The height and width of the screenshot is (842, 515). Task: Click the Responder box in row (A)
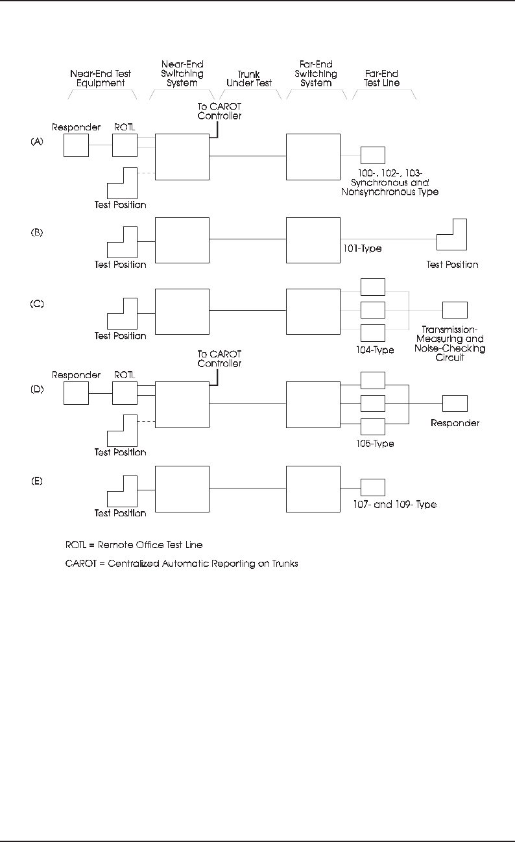click(76, 145)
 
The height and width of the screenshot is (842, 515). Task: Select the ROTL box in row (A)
click(125, 145)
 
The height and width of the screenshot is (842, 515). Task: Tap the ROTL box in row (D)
click(125, 393)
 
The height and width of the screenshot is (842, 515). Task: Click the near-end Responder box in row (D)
click(76, 393)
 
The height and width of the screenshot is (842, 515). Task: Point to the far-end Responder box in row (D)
click(455, 403)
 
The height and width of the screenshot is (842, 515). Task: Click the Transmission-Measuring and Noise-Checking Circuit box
click(455, 310)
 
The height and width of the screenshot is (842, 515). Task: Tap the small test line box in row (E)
click(372, 487)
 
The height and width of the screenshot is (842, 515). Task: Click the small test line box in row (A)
click(372, 155)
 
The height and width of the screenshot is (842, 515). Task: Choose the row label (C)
click(37, 304)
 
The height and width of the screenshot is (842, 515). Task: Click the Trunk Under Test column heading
click(248, 79)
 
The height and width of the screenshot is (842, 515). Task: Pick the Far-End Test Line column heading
click(382, 79)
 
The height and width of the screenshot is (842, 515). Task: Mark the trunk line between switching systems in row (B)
click(248, 239)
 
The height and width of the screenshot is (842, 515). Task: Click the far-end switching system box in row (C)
click(313, 311)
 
